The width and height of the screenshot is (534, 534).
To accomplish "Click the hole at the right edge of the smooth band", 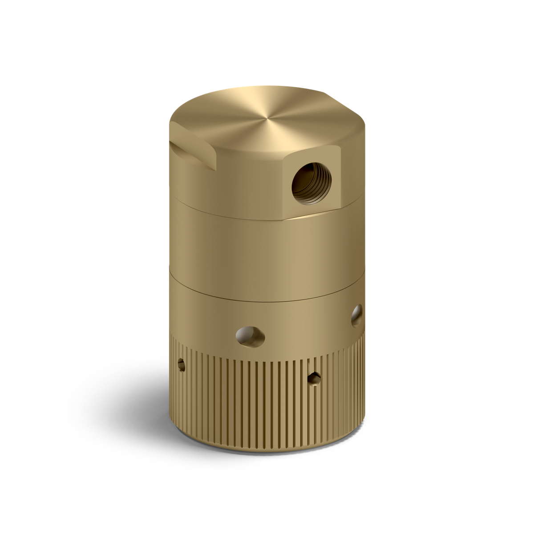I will (x=356, y=315).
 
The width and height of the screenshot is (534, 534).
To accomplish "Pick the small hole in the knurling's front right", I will (x=315, y=378).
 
